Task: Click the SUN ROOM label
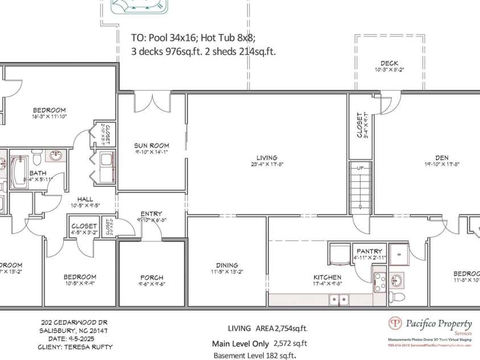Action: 151,145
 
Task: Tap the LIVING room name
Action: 266,158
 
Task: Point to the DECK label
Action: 389,63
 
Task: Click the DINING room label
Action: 227,265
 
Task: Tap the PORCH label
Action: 151,277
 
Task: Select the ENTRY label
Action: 151,214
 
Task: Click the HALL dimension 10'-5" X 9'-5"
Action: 85,205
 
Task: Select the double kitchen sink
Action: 339,298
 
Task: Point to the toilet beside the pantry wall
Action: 398,297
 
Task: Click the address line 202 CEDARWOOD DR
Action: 75,322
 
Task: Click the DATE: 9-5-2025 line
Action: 66,338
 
